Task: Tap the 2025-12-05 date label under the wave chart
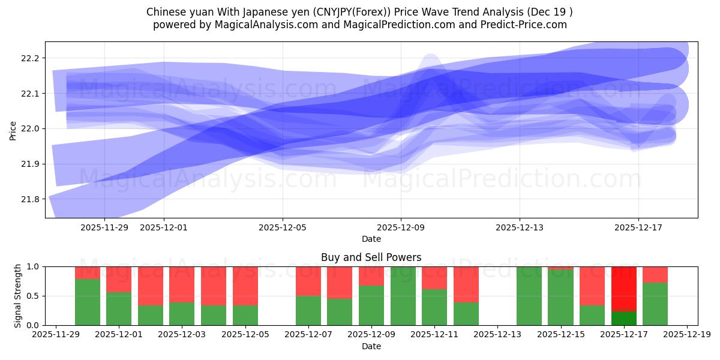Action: pos(283,228)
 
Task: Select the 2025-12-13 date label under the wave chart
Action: pos(520,228)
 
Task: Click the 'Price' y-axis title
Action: pos(13,130)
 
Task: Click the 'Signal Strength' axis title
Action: pos(18,295)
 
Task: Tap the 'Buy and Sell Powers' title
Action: pos(371,257)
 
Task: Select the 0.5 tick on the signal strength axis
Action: pos(32,296)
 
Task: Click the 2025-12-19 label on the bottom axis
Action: pos(687,335)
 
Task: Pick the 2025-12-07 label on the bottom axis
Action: pos(308,335)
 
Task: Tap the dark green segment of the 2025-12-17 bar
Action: pos(624,318)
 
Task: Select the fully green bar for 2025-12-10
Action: pos(403,296)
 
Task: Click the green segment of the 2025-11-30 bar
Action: pos(88,302)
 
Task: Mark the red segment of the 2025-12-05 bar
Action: pos(245,286)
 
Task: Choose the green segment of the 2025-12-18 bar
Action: pos(655,304)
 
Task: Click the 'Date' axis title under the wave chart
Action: pos(371,239)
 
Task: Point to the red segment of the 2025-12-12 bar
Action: pos(466,284)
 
